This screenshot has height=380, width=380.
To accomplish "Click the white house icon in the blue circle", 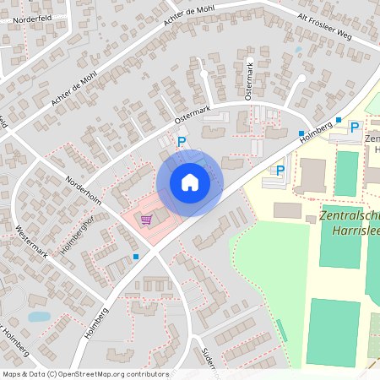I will (190, 182).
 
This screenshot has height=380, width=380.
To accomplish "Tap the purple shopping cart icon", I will (147, 220).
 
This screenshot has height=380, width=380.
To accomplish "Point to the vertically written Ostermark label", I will (249, 80).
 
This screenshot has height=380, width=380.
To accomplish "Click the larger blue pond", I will (39, 317).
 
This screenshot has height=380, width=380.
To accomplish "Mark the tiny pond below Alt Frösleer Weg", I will (298, 50).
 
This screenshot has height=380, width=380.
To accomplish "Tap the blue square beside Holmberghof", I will (136, 256).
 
